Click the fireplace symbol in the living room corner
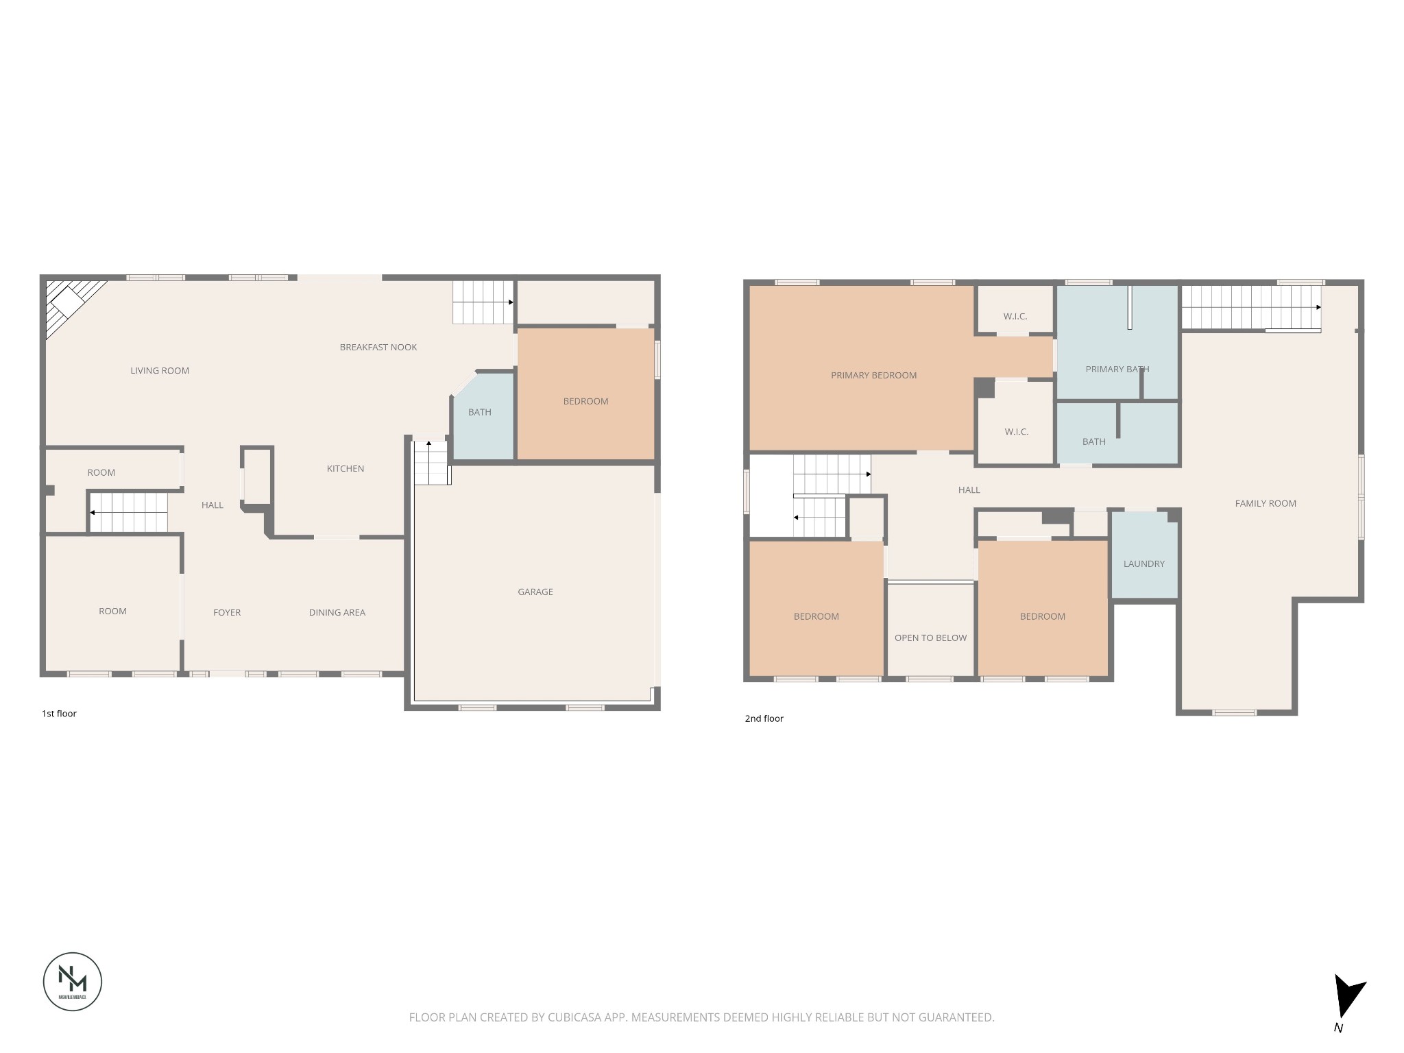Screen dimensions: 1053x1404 (69, 302)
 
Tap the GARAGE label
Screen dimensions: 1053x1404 (535, 592)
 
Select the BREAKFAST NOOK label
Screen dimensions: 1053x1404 (378, 347)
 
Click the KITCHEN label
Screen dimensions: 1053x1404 (345, 468)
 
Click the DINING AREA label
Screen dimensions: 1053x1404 (337, 612)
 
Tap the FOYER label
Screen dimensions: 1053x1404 (226, 612)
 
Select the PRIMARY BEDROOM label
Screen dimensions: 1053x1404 (873, 375)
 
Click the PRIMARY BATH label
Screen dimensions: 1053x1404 (1117, 369)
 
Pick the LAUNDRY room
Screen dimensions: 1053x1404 (1143, 564)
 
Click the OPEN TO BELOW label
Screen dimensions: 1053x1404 (930, 638)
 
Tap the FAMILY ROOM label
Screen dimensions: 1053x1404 (1265, 503)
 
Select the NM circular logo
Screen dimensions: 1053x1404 (73, 981)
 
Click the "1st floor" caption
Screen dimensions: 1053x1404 (59, 714)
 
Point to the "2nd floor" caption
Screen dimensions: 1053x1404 (764, 718)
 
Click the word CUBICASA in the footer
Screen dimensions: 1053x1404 (574, 1017)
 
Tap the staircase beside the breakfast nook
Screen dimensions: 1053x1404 (483, 302)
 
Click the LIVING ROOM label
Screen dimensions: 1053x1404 (160, 370)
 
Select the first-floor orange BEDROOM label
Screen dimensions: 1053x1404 (585, 401)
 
